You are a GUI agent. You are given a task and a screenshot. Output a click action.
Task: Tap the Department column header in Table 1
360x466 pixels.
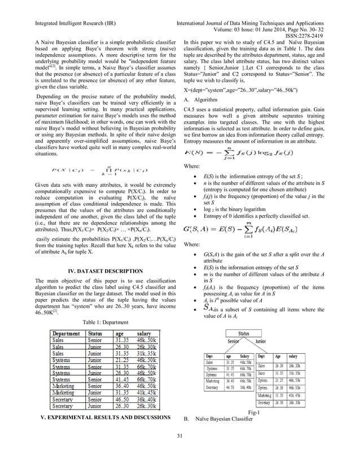67,334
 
